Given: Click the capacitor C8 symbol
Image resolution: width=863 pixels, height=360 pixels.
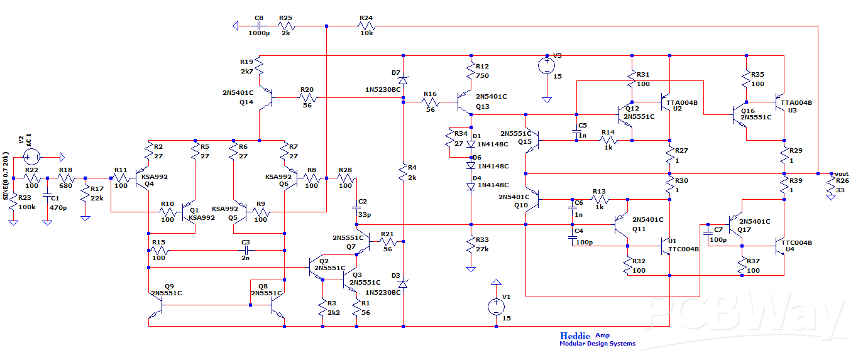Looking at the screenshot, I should click(260, 26).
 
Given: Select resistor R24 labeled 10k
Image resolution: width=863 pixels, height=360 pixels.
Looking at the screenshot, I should click(366, 26).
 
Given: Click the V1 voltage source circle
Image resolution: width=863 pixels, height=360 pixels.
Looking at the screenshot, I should click(496, 307).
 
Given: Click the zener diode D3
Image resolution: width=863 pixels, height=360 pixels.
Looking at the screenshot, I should click(403, 284).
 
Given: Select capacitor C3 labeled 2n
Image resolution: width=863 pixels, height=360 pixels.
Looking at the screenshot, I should click(245, 250).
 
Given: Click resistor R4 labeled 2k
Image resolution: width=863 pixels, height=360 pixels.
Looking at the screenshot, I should click(403, 171).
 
